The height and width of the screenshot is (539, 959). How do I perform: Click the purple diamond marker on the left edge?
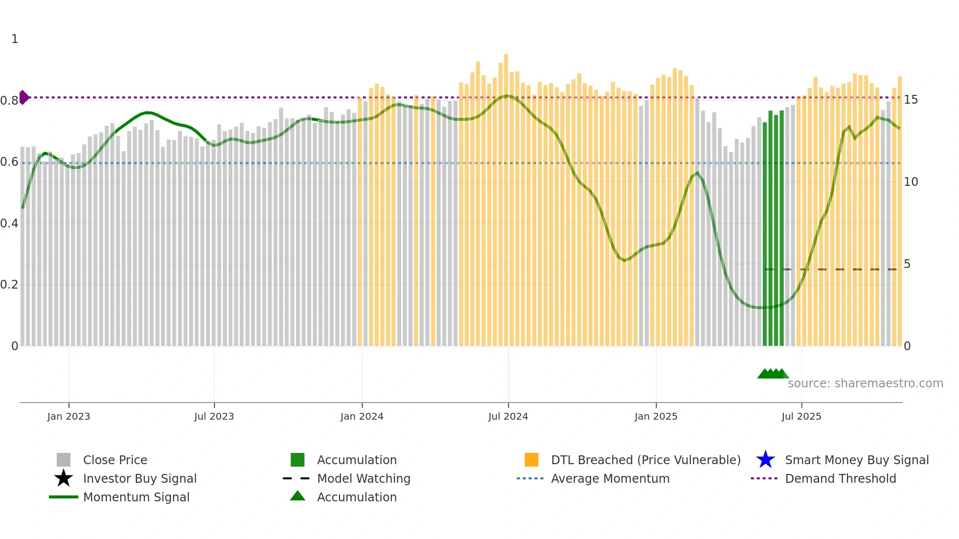point(23,97)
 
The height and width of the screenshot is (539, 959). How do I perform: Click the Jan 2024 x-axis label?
point(362,416)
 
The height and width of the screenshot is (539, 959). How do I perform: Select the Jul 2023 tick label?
point(214,416)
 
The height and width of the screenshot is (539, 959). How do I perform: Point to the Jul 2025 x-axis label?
point(801,416)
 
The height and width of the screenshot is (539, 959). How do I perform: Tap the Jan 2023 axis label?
point(68,416)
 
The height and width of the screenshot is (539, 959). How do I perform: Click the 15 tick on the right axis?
point(911,100)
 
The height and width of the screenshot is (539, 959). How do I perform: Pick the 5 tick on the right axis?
point(907,264)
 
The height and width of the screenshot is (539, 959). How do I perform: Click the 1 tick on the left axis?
point(15,39)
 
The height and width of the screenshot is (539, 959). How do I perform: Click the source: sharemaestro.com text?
point(865,383)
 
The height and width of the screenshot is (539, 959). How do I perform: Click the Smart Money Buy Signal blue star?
point(765,460)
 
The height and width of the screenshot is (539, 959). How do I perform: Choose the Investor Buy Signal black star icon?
point(64,478)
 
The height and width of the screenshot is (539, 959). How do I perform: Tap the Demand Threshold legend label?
point(840,478)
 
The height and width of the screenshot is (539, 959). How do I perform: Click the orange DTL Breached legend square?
point(531,460)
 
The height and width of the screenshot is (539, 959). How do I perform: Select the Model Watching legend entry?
point(364,478)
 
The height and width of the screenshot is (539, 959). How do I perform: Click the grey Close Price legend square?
point(64,460)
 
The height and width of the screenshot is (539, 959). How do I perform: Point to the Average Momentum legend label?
point(610,478)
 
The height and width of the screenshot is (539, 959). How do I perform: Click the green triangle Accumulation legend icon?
point(297,496)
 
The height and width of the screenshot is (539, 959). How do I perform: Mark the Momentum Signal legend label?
point(136,497)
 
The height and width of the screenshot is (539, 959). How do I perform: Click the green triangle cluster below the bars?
point(773,374)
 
